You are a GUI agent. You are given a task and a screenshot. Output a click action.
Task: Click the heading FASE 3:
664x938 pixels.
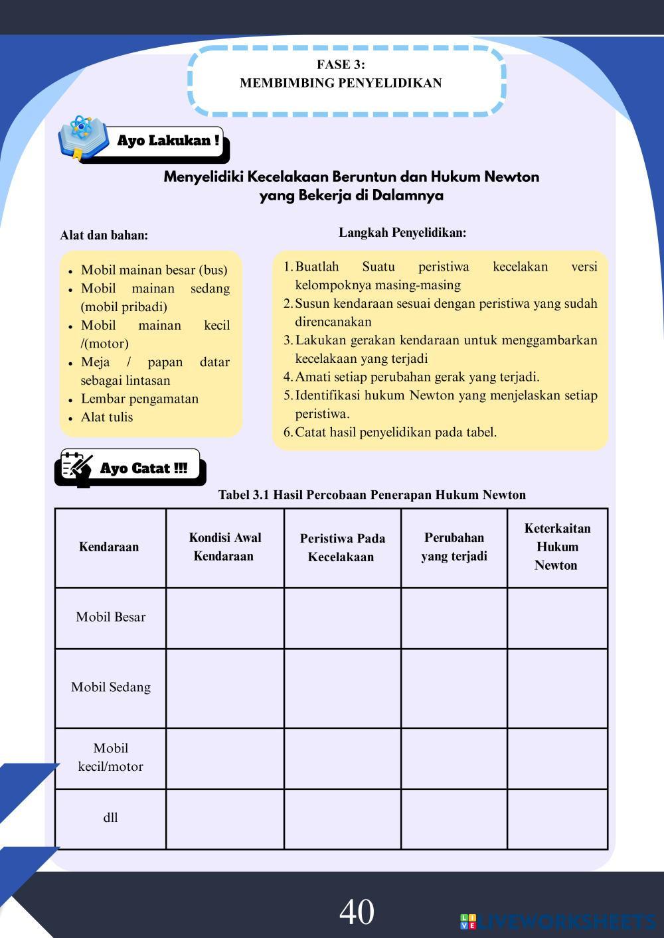(341, 64)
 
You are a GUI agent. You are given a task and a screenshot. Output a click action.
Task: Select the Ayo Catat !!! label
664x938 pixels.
(143, 468)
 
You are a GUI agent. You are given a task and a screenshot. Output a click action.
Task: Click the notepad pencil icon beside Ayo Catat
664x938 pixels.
(77, 468)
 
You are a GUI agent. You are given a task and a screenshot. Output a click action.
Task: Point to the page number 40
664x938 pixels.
(357, 911)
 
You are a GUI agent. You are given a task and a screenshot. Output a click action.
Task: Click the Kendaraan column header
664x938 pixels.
(109, 547)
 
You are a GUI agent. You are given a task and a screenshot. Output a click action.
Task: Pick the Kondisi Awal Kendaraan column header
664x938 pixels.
(224, 547)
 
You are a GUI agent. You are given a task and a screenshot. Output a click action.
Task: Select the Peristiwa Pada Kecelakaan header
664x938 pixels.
(341, 548)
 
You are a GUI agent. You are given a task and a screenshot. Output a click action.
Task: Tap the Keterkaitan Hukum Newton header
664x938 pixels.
(556, 547)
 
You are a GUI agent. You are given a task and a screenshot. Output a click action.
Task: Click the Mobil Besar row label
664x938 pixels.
(110, 617)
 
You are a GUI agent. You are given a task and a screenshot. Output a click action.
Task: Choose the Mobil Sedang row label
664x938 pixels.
(110, 687)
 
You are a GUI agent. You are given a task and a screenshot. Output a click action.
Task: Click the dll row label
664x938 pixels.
(110, 818)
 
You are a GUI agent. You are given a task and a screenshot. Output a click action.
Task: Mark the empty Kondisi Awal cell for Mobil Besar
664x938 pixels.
(224, 618)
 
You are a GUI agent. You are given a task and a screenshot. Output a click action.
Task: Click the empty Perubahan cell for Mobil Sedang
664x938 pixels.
(454, 688)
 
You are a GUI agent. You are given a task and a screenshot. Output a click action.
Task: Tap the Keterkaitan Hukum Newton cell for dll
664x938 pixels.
(557, 819)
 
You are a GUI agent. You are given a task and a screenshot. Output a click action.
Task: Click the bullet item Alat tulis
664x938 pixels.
(107, 417)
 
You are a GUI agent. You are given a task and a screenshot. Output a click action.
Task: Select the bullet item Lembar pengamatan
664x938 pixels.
(139, 399)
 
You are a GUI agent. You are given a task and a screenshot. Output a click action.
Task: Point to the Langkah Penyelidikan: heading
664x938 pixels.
(402, 233)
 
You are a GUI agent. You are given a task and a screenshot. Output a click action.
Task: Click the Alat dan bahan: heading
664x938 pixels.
(104, 235)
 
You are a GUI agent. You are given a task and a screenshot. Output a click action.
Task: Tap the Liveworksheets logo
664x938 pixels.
(558, 921)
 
